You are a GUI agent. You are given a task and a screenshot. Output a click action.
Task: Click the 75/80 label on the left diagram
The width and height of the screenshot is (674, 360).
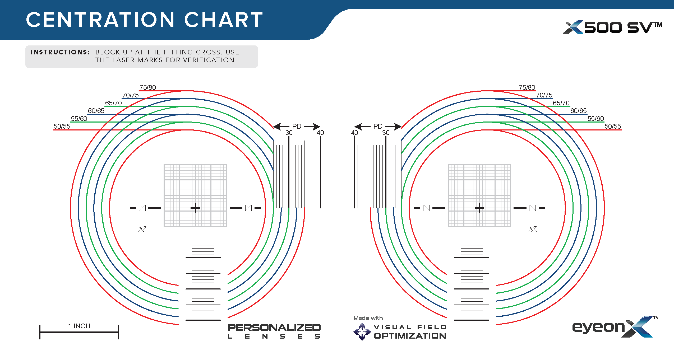pos(148,87)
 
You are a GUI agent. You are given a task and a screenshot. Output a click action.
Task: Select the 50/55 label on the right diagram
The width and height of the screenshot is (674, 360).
pos(613,126)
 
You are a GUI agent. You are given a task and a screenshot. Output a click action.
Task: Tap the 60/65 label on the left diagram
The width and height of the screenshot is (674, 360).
pos(96,111)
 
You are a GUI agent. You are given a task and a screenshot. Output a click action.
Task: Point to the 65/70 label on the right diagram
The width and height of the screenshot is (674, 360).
pos(561,103)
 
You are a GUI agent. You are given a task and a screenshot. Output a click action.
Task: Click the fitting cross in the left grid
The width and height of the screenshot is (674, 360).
pos(195,208)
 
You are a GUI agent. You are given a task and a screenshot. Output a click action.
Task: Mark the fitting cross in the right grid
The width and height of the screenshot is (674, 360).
pos(479,208)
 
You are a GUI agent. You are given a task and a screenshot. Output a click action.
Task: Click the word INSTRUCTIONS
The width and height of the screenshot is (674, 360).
pos(60,52)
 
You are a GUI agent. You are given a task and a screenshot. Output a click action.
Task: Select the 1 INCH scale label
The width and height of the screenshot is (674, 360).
pos(79,326)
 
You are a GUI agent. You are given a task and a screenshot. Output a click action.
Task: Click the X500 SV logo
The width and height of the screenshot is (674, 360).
pos(613,27)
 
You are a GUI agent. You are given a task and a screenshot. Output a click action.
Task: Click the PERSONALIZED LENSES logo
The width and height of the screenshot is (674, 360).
pos(274,331)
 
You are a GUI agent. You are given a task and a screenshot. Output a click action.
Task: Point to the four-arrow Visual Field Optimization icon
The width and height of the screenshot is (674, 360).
pos(362,332)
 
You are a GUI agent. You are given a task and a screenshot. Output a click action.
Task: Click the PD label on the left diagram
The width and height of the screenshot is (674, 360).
pos(297,126)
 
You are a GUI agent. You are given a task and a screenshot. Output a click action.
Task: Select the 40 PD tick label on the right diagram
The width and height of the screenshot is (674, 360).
pos(354,133)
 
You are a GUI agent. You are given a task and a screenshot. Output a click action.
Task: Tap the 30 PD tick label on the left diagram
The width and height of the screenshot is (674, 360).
pos(289,133)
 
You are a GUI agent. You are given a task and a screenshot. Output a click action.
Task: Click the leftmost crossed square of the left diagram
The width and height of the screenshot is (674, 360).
pos(142,208)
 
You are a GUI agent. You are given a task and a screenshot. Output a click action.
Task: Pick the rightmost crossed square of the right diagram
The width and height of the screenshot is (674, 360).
pos(532,208)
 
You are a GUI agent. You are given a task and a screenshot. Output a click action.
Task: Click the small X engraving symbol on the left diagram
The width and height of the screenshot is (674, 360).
pos(142,230)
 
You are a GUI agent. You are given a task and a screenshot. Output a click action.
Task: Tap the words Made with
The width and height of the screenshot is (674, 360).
pos(368,318)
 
